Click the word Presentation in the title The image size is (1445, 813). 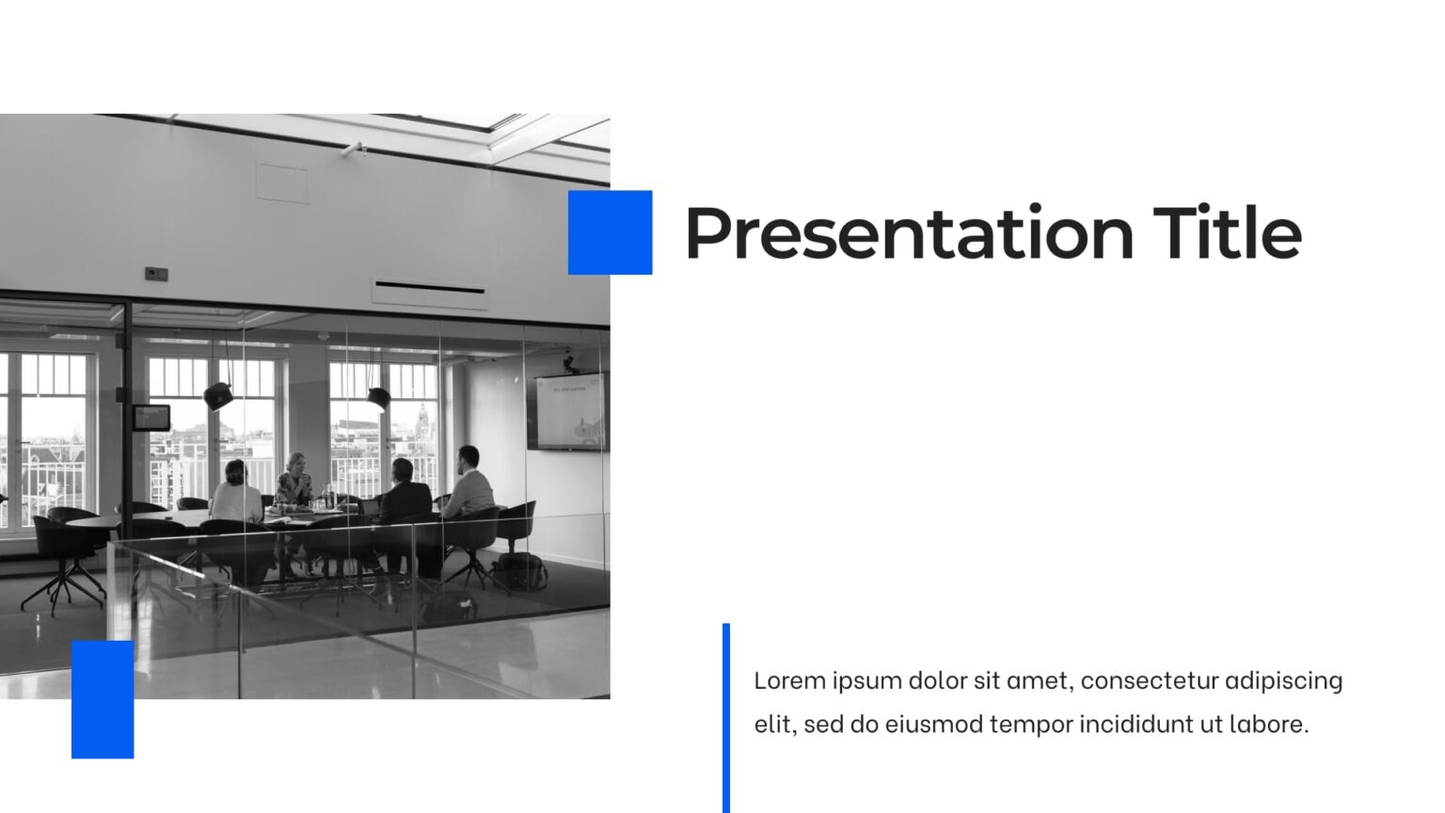tap(909, 234)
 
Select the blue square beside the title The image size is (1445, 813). tap(610, 232)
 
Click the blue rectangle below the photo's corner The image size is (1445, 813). tap(103, 699)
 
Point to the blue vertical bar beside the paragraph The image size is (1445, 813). tap(726, 717)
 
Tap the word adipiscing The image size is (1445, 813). tap(1284, 681)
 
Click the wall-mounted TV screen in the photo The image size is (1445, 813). tap(568, 411)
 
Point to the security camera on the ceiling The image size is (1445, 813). tap(355, 148)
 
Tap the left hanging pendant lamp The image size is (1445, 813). tap(218, 396)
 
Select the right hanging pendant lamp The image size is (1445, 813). tap(378, 398)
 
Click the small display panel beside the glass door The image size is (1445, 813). tap(151, 417)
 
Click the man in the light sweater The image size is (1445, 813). tap(469, 485)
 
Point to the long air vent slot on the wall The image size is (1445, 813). tap(430, 287)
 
